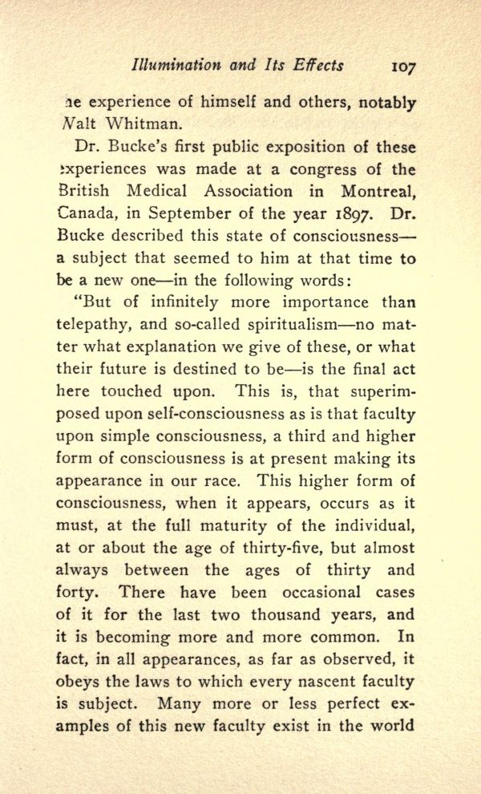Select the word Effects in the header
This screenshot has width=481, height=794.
[317, 65]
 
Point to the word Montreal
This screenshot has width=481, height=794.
[372, 192]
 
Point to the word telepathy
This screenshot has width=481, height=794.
[94, 326]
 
